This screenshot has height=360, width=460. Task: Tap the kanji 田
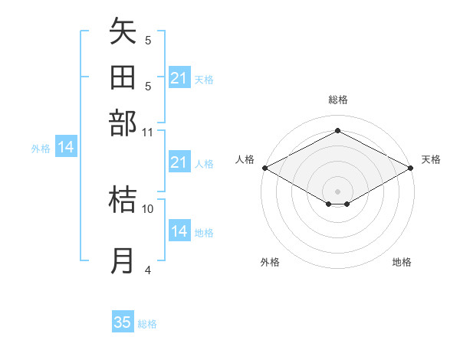click(x=123, y=79)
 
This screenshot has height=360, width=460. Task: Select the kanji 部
click(x=123, y=123)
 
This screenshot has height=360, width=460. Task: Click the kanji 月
click(x=123, y=260)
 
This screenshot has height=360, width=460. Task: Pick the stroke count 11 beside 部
click(x=148, y=132)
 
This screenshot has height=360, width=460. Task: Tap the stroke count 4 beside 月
click(x=148, y=270)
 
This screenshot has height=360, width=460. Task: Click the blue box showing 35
click(x=123, y=322)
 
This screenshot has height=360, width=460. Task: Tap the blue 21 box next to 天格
click(x=179, y=78)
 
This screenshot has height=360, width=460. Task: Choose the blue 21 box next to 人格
click(x=179, y=162)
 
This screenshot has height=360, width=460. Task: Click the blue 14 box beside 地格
click(x=179, y=231)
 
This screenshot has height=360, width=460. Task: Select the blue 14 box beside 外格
click(x=66, y=148)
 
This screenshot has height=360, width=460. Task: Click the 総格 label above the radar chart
click(x=337, y=100)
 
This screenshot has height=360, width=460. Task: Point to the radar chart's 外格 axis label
click(x=270, y=262)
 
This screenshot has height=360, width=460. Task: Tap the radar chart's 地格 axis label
click(x=402, y=262)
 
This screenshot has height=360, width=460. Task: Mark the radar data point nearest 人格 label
click(x=264, y=168)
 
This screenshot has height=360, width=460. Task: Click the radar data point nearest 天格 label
click(x=412, y=168)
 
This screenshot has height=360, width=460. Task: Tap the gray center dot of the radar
click(x=337, y=191)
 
